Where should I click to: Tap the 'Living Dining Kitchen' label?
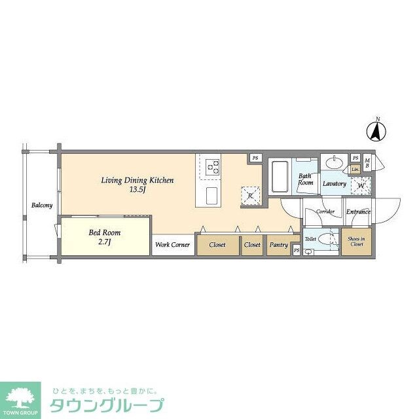137,180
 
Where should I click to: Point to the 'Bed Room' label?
104,232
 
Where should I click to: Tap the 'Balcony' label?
42,206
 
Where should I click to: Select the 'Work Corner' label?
173,245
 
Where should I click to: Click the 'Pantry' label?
278,245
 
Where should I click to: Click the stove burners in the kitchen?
212,166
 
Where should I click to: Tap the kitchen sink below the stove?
212,196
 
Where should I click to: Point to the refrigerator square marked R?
250,195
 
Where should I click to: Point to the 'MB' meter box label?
367,162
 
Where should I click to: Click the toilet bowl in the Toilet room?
309,252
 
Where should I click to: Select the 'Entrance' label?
358,211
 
